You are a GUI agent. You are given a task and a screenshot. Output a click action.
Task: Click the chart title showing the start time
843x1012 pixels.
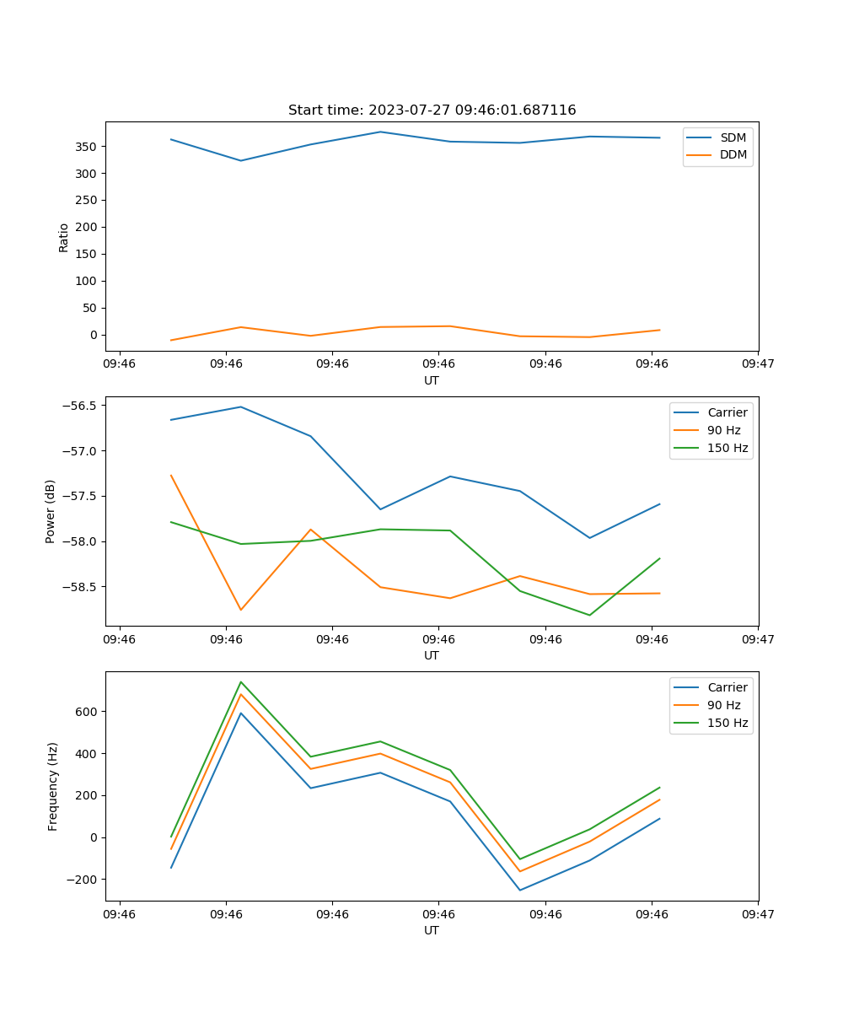tap(432, 110)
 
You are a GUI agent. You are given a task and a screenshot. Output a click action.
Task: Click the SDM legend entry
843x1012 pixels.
tap(733, 137)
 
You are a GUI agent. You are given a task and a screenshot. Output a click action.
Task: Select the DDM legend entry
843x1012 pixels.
tap(733, 155)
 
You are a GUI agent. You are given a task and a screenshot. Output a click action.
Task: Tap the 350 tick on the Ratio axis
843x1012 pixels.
tap(87, 147)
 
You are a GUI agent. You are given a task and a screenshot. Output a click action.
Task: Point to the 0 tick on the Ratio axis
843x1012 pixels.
tap(94, 335)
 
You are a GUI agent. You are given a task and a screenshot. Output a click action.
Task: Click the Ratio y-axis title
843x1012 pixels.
tap(64, 237)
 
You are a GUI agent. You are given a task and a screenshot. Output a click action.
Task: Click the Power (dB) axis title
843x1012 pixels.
tap(51, 511)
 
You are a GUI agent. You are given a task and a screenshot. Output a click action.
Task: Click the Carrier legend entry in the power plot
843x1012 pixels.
tap(727, 412)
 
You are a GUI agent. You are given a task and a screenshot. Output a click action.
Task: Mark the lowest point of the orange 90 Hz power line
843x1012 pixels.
tap(241, 610)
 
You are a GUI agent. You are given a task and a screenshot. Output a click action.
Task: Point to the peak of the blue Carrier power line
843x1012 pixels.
tap(241, 406)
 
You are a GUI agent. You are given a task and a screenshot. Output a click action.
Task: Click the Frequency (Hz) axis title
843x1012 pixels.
tap(53, 786)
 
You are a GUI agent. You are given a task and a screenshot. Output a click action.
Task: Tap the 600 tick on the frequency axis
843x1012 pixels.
tap(87, 712)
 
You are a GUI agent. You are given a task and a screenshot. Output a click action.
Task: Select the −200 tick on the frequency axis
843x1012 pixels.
tap(83, 880)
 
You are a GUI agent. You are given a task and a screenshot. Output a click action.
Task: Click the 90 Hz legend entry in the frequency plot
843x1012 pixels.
tap(723, 705)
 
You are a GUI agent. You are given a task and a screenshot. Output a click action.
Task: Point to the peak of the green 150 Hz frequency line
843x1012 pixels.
tap(241, 681)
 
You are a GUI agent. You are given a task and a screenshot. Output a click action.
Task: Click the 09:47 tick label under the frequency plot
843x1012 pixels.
tap(758, 914)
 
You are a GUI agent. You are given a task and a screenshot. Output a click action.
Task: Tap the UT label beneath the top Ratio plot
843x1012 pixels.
tap(432, 380)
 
